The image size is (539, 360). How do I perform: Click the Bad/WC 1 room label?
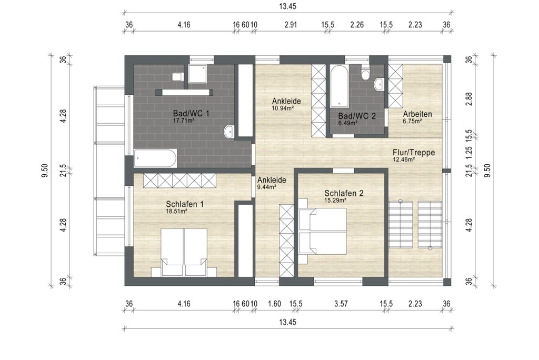click(x=191, y=113)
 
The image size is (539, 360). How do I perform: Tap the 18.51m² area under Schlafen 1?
click(x=176, y=212)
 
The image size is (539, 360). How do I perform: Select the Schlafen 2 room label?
click(x=344, y=193)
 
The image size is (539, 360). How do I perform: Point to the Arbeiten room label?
click(x=417, y=114)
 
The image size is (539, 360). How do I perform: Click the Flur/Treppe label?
click(x=414, y=152)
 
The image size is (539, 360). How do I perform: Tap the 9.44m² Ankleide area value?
click(x=267, y=187)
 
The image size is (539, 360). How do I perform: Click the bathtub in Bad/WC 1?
click(x=155, y=158)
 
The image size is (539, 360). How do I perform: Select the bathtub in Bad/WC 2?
click(x=340, y=86)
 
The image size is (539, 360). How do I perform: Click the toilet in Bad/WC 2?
click(x=366, y=73)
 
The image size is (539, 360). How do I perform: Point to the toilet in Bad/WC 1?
click(x=177, y=77)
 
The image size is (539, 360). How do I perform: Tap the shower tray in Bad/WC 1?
click(x=197, y=73)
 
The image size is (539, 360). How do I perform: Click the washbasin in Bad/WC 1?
click(x=229, y=132)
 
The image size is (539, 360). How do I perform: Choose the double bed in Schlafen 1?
click(x=184, y=252)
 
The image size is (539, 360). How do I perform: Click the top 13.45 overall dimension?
click(x=288, y=6)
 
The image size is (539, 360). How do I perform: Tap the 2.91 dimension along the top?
click(x=291, y=25)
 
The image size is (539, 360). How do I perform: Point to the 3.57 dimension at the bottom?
click(x=341, y=304)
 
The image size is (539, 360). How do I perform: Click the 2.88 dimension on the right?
click(x=468, y=99)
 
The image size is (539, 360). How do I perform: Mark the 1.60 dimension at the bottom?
click(x=274, y=304)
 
